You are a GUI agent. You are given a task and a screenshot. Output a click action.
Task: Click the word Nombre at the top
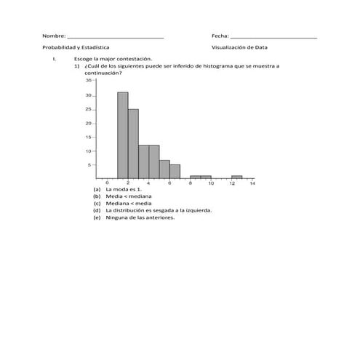point(53,36)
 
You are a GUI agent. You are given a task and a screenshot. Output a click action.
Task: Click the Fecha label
point(220,36)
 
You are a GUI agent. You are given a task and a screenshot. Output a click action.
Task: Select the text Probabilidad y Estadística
point(76,47)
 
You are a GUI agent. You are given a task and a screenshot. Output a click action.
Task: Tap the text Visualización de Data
point(239,47)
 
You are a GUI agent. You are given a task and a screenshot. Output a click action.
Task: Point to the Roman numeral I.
point(45,58)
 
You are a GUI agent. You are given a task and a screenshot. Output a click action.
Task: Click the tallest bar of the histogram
point(122,135)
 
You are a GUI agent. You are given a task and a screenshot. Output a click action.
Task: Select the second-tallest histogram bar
point(133,143)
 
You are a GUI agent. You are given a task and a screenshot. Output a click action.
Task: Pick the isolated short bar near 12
point(237,177)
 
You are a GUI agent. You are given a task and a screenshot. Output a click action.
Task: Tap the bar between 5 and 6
point(164,169)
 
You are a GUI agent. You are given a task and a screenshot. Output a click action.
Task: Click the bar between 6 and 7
point(175,171)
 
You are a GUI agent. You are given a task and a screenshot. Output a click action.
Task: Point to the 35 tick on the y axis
point(88,81)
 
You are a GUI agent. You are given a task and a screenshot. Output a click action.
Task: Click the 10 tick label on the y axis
point(88,151)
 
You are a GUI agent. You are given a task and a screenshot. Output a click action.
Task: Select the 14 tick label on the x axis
point(252,183)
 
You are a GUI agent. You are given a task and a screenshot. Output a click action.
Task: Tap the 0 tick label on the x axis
point(107,183)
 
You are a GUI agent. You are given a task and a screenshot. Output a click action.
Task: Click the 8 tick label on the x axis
point(190,183)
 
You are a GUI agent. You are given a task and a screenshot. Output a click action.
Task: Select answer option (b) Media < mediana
point(124,196)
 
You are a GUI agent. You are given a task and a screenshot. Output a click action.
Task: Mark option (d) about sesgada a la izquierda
point(152,209)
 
